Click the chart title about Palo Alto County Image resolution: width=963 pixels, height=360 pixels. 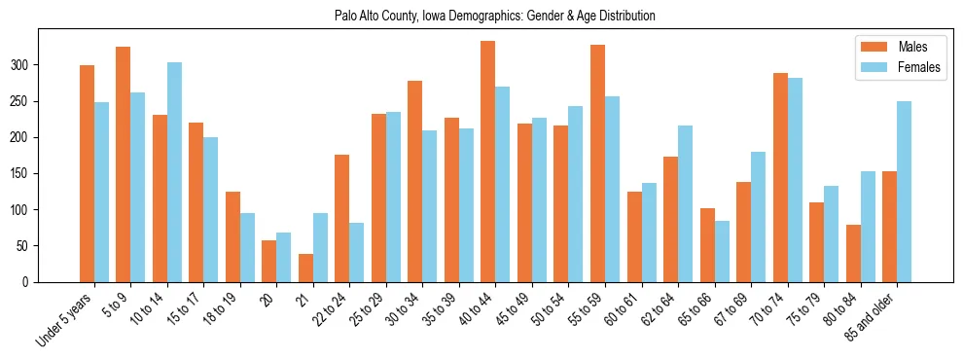pyautogui.click(x=481, y=16)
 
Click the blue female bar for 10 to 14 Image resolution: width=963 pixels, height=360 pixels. pyautogui.click(x=174, y=172)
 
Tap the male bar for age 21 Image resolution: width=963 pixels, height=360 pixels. pyautogui.click(x=305, y=268)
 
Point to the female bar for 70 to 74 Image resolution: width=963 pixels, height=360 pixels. pyautogui.click(x=794, y=180)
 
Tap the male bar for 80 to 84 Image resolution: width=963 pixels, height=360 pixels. pyautogui.click(x=853, y=253)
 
